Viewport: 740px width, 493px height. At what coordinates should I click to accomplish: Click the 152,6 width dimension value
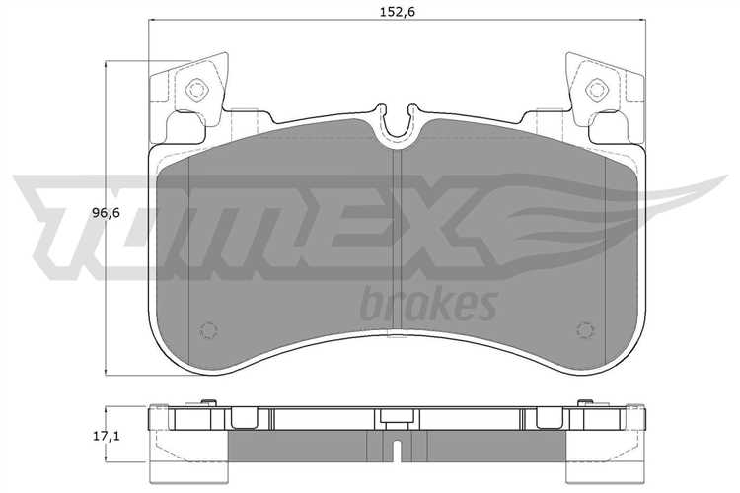398,11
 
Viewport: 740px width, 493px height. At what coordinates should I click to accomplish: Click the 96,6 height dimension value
106,213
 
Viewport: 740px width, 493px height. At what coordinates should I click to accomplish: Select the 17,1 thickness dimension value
106,436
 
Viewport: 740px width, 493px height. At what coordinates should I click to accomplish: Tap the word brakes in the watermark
428,304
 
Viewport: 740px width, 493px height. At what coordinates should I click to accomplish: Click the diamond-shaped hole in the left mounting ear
195,89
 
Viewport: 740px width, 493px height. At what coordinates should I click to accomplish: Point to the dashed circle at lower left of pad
208,330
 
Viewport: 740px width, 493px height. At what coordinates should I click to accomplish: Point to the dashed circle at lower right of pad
585,330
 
